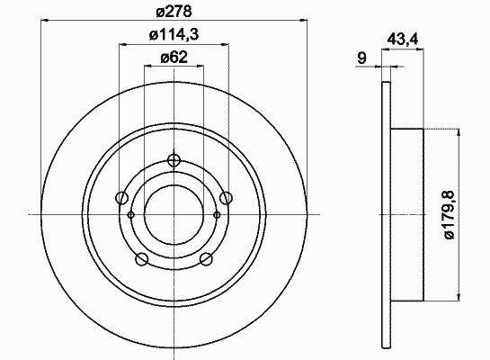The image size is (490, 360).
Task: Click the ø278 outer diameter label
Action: [x=174, y=12]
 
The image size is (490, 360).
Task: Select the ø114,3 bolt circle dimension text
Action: [x=174, y=35]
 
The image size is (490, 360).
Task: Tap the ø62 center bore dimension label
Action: [x=174, y=58]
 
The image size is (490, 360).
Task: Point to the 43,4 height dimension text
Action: [x=403, y=40]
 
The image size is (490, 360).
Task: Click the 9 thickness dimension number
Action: [x=361, y=58]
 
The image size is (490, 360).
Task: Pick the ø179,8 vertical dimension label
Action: [x=450, y=215]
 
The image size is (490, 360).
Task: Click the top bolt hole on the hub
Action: [x=174, y=160]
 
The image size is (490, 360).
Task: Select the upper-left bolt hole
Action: [x=121, y=198]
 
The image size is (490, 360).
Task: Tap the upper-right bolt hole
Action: [x=226, y=198]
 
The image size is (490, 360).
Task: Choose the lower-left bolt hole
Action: [x=142, y=258]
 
